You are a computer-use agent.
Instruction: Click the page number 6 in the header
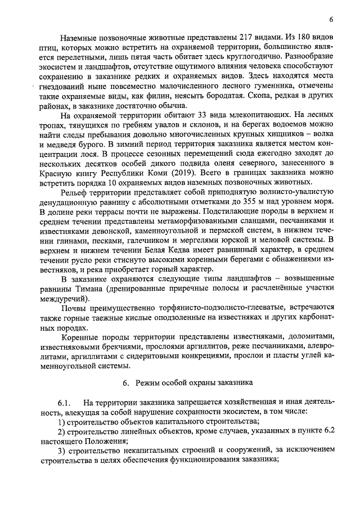pos(331,19)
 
